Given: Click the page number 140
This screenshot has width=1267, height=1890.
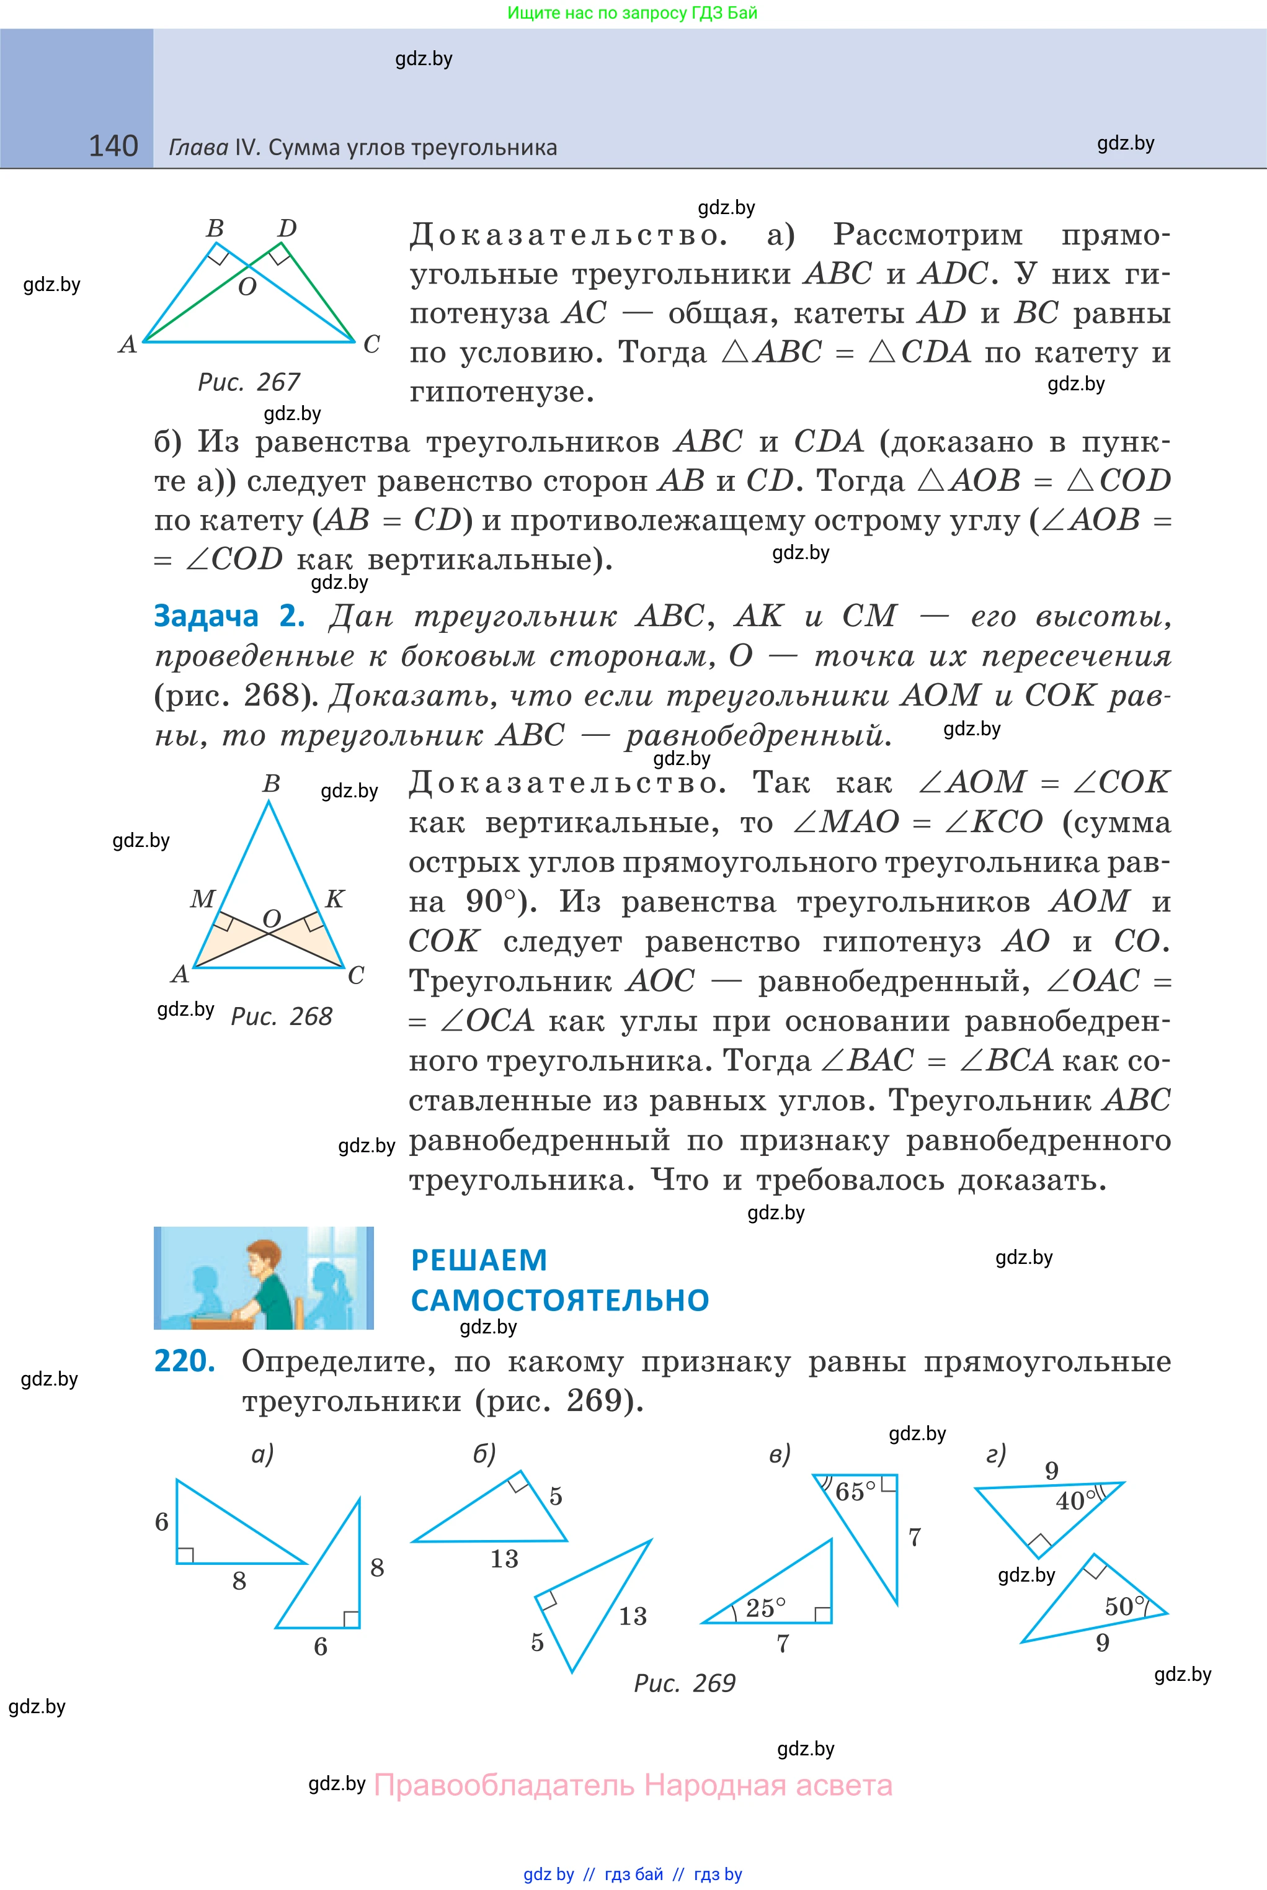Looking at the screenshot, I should [x=113, y=146].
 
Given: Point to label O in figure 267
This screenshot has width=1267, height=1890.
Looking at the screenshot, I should [x=247, y=286].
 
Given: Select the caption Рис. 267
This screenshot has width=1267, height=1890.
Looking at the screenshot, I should [x=249, y=382].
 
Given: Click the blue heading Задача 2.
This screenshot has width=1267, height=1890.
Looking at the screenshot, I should [x=229, y=617].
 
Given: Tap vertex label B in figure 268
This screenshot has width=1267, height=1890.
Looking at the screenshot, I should [x=272, y=783].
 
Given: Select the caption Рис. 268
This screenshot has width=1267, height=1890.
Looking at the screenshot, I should [x=281, y=1016].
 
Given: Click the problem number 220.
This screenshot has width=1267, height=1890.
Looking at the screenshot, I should [x=184, y=1361].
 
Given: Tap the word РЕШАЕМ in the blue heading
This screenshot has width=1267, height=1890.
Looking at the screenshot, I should [x=479, y=1260].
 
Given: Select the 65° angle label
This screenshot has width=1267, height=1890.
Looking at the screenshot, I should [x=855, y=1492].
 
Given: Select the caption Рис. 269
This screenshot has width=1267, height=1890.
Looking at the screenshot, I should [x=685, y=1683].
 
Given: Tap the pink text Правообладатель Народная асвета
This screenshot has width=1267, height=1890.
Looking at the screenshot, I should [x=633, y=1785].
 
